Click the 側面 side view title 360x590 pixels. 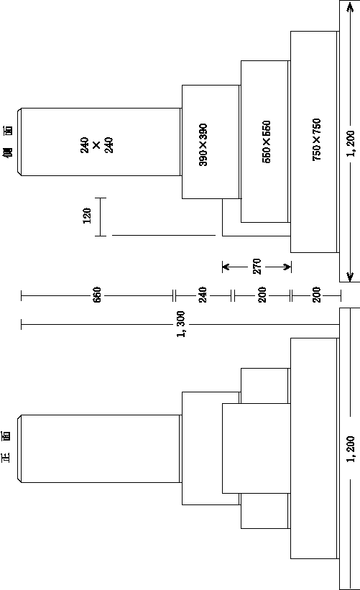[9, 142]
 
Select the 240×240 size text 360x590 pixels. [97, 145]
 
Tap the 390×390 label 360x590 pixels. [203, 145]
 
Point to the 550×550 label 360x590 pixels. [266, 142]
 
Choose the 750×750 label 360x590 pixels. [316, 140]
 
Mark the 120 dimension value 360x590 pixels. [87, 216]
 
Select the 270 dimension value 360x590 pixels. [257, 267]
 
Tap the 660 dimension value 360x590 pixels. [97, 295]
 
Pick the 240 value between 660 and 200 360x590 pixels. [203, 295]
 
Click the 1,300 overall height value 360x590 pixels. [181, 324]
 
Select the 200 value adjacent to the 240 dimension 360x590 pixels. [262, 295]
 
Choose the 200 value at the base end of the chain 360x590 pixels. [317, 295]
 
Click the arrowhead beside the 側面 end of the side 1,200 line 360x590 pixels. [350, 6]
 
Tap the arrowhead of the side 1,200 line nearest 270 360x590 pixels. [350, 276]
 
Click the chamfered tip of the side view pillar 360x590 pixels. [19, 142]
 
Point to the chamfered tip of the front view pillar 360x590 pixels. [19, 448]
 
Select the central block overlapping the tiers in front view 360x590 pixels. [257, 448]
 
